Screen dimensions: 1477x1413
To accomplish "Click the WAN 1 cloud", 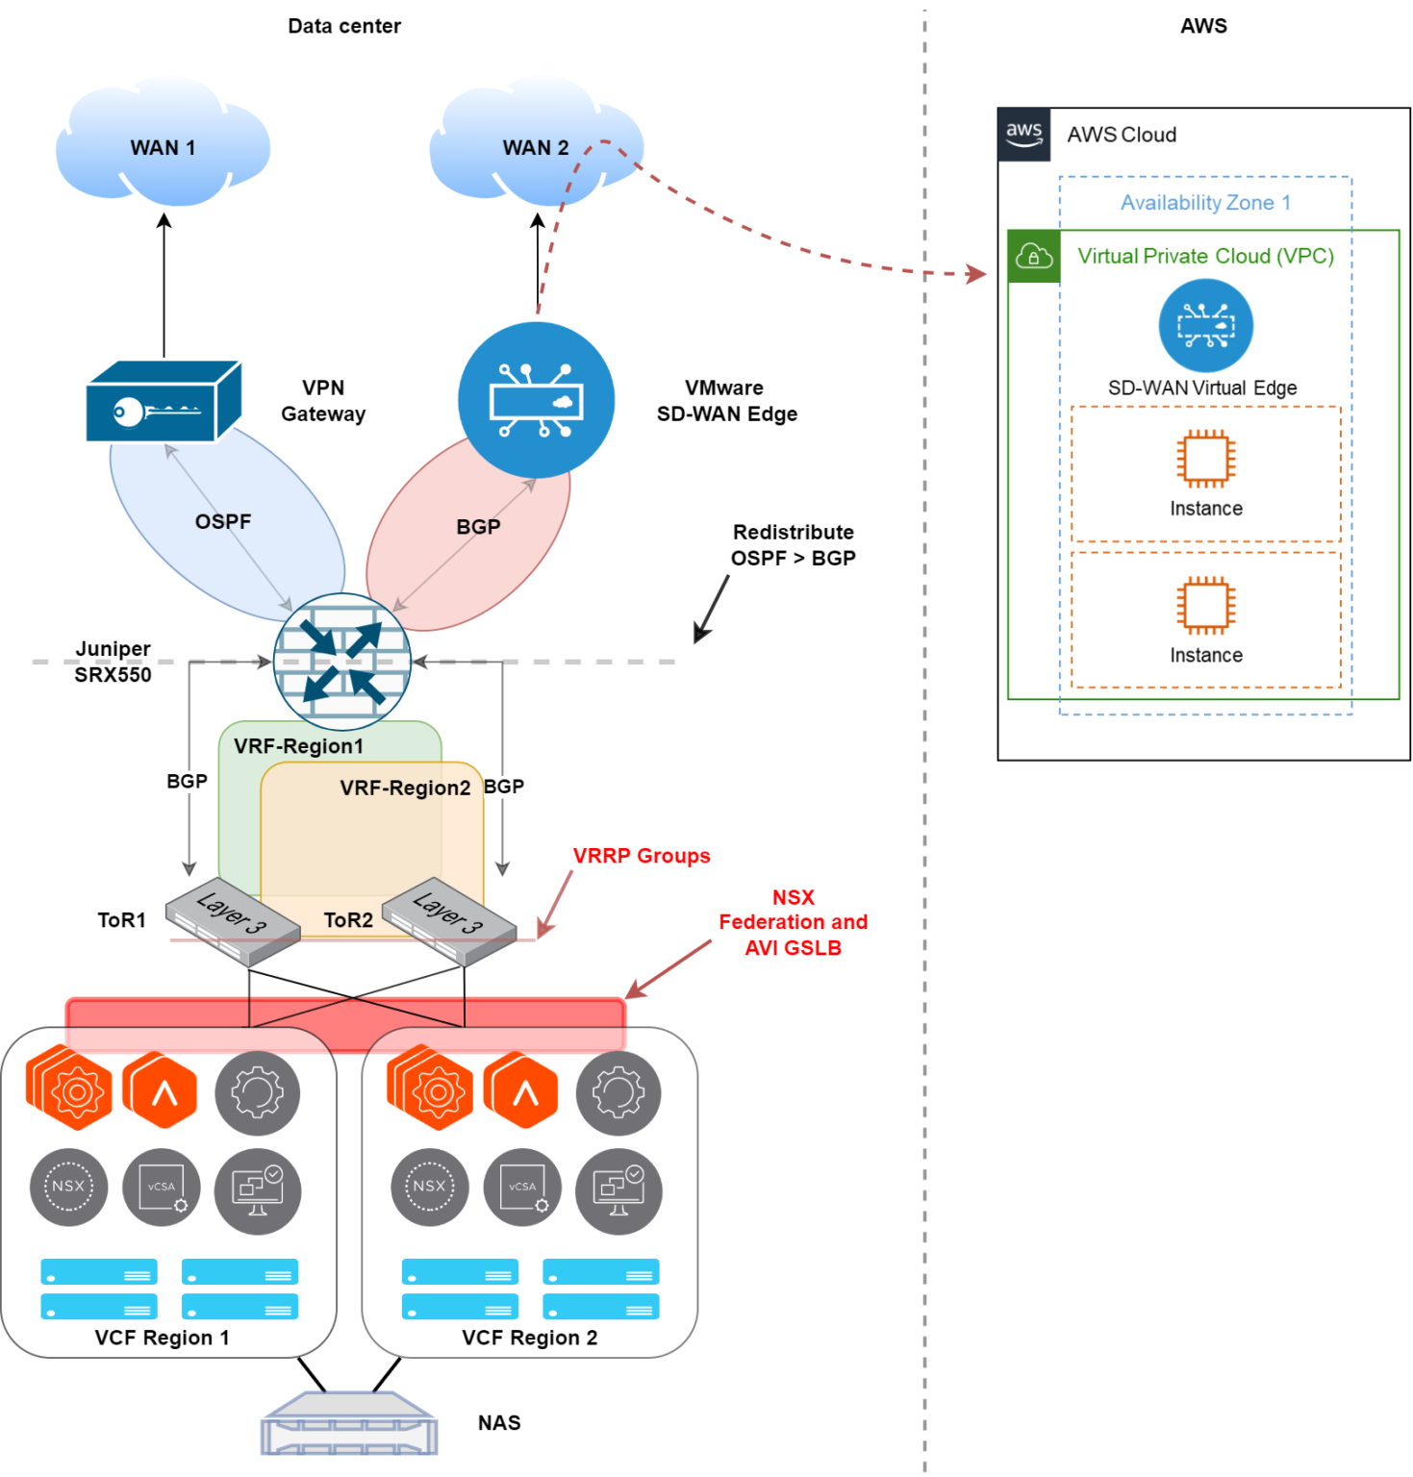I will click(x=162, y=144).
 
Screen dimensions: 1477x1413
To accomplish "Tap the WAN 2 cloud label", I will click(x=535, y=148).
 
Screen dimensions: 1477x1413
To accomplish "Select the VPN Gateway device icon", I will click(x=162, y=402).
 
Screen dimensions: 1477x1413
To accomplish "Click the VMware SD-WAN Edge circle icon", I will click(x=535, y=400).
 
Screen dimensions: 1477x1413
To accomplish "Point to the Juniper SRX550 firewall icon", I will click(x=341, y=662).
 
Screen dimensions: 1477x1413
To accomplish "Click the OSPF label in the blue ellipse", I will click(x=222, y=521).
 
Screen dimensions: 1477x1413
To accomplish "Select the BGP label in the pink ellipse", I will click(x=478, y=527).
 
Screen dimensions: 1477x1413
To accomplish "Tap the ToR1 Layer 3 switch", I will click(x=232, y=921).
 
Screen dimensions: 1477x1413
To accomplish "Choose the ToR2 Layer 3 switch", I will click(x=448, y=921).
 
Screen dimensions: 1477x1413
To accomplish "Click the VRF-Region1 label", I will click(x=298, y=746).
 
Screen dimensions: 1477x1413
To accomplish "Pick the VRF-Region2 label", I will click(x=405, y=788).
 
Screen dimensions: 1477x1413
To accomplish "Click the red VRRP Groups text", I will click(x=641, y=856).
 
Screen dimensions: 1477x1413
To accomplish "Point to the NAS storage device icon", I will click(x=349, y=1423).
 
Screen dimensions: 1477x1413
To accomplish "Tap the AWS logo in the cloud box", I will click(x=1023, y=135).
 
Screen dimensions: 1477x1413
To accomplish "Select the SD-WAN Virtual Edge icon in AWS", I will click(x=1204, y=326).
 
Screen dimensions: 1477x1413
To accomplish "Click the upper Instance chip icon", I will click(x=1205, y=458).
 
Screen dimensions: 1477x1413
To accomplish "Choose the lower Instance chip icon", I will click(x=1205, y=605).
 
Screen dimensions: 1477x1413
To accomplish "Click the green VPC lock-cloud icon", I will click(x=1033, y=257).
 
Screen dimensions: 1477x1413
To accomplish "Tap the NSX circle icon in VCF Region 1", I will click(x=68, y=1187).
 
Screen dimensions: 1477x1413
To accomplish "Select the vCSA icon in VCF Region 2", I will click(x=522, y=1187).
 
